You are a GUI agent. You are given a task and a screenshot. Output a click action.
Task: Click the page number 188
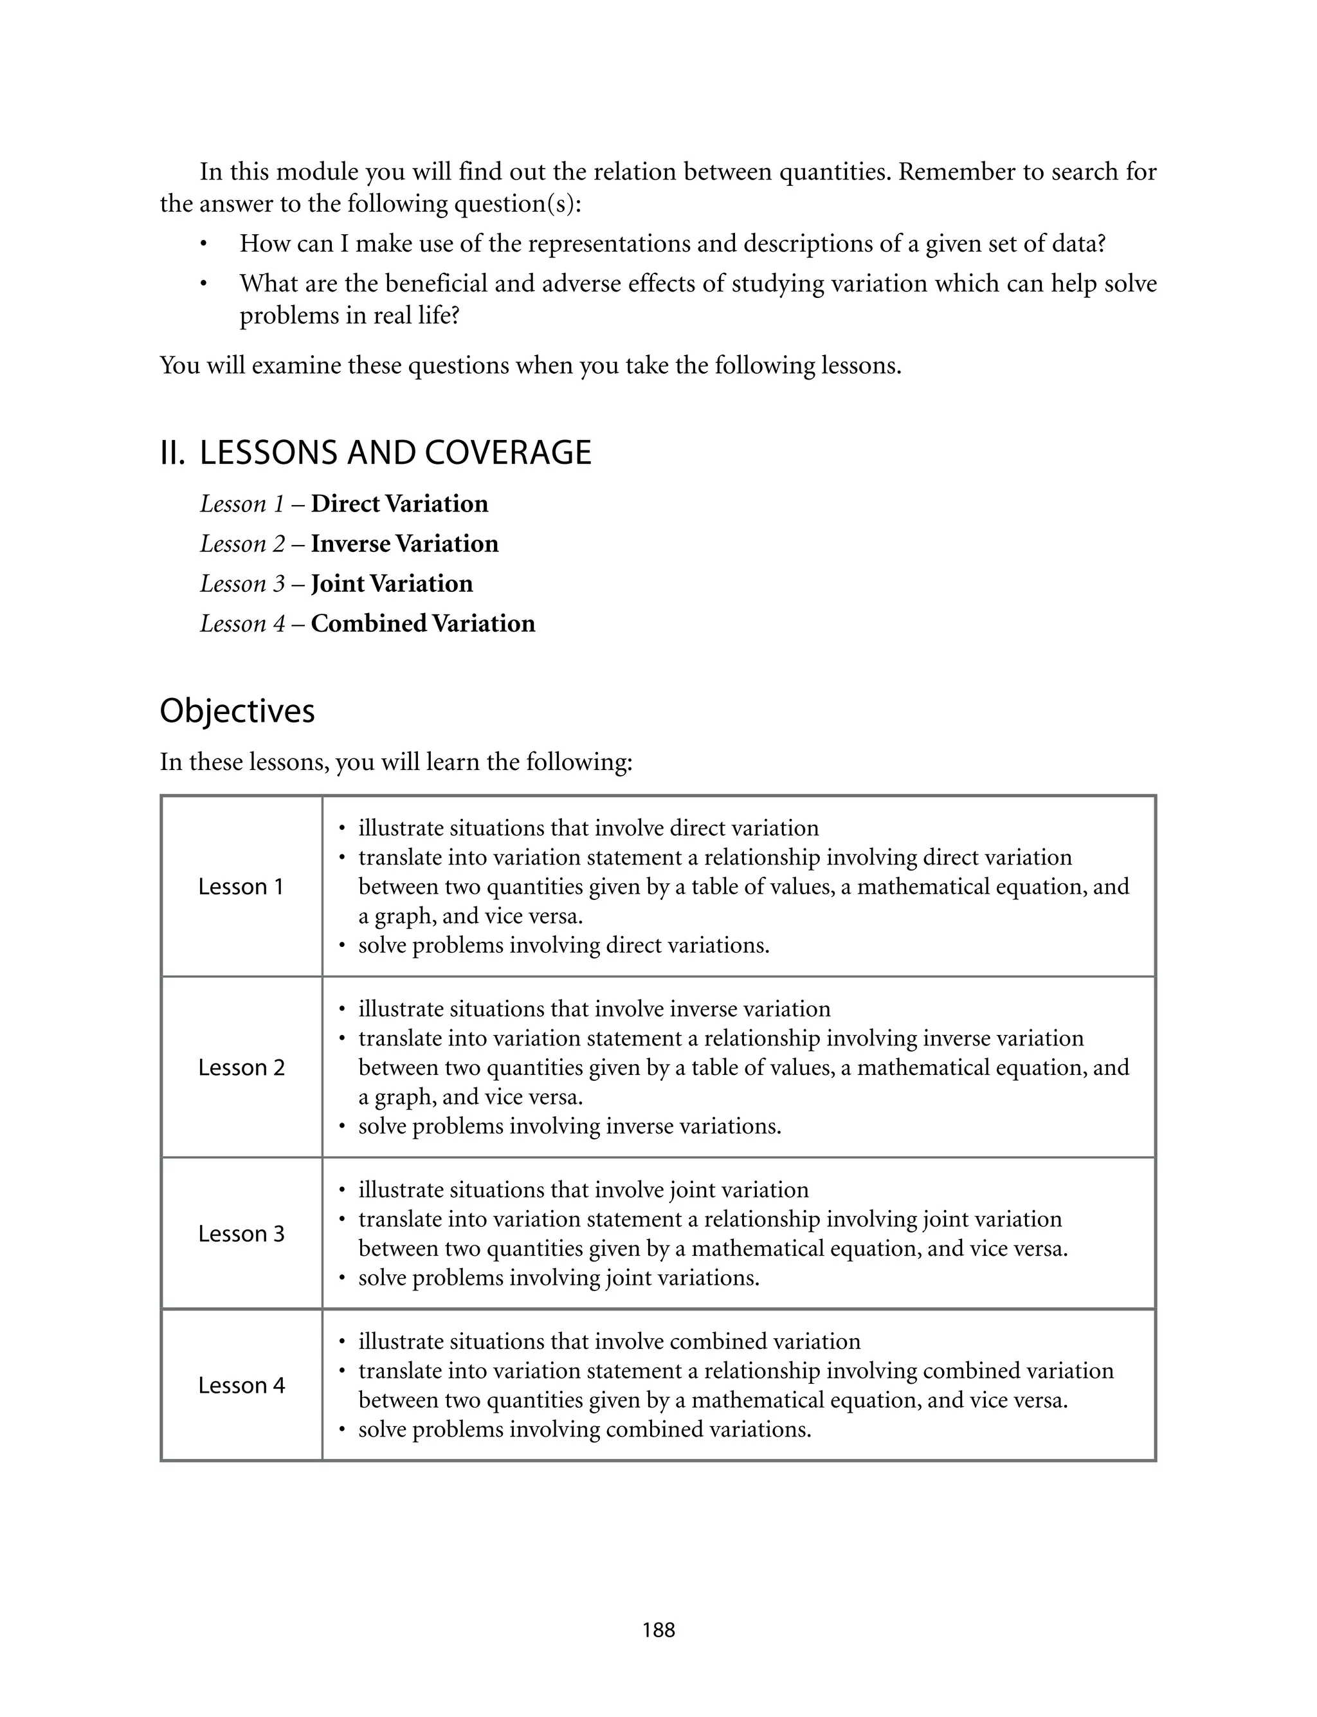point(658,1630)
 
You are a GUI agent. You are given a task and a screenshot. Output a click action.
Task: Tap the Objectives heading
point(237,711)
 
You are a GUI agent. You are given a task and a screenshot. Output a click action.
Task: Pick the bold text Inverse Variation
point(404,544)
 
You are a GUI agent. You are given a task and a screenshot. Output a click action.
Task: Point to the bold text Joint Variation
point(392,583)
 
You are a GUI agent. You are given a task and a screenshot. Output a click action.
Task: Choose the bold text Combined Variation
point(422,623)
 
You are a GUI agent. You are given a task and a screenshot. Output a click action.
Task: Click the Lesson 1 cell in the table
point(241,886)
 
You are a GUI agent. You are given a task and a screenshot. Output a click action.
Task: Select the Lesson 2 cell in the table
point(241,1067)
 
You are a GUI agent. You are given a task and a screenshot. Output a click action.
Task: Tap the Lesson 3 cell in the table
point(241,1233)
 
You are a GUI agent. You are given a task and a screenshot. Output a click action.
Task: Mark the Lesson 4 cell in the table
point(241,1385)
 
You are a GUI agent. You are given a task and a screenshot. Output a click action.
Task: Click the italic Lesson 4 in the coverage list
point(242,623)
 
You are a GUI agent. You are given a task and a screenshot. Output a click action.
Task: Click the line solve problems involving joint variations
point(559,1278)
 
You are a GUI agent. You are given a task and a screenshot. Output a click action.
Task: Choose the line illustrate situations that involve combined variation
point(609,1341)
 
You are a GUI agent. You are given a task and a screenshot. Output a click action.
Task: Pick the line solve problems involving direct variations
point(563,946)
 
